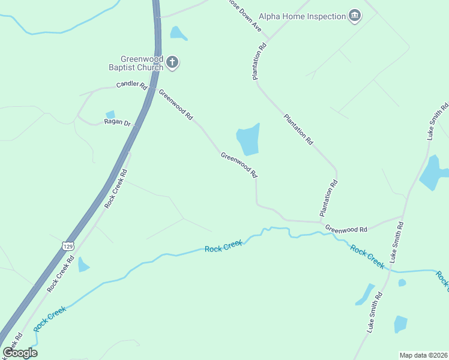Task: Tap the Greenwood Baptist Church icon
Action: click(173, 62)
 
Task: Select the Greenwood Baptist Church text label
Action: click(142, 63)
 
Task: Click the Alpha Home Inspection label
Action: click(302, 16)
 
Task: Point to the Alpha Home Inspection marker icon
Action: click(355, 16)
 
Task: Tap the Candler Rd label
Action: click(131, 86)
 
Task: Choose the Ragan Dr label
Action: click(117, 122)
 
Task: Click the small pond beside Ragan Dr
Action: click(110, 115)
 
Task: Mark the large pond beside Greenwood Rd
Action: click(248, 140)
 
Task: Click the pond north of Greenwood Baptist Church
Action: click(178, 33)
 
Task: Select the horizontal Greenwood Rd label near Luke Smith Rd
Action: click(346, 229)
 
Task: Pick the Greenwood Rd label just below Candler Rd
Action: click(175, 104)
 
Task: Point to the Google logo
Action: click(20, 353)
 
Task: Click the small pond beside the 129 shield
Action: click(83, 265)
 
